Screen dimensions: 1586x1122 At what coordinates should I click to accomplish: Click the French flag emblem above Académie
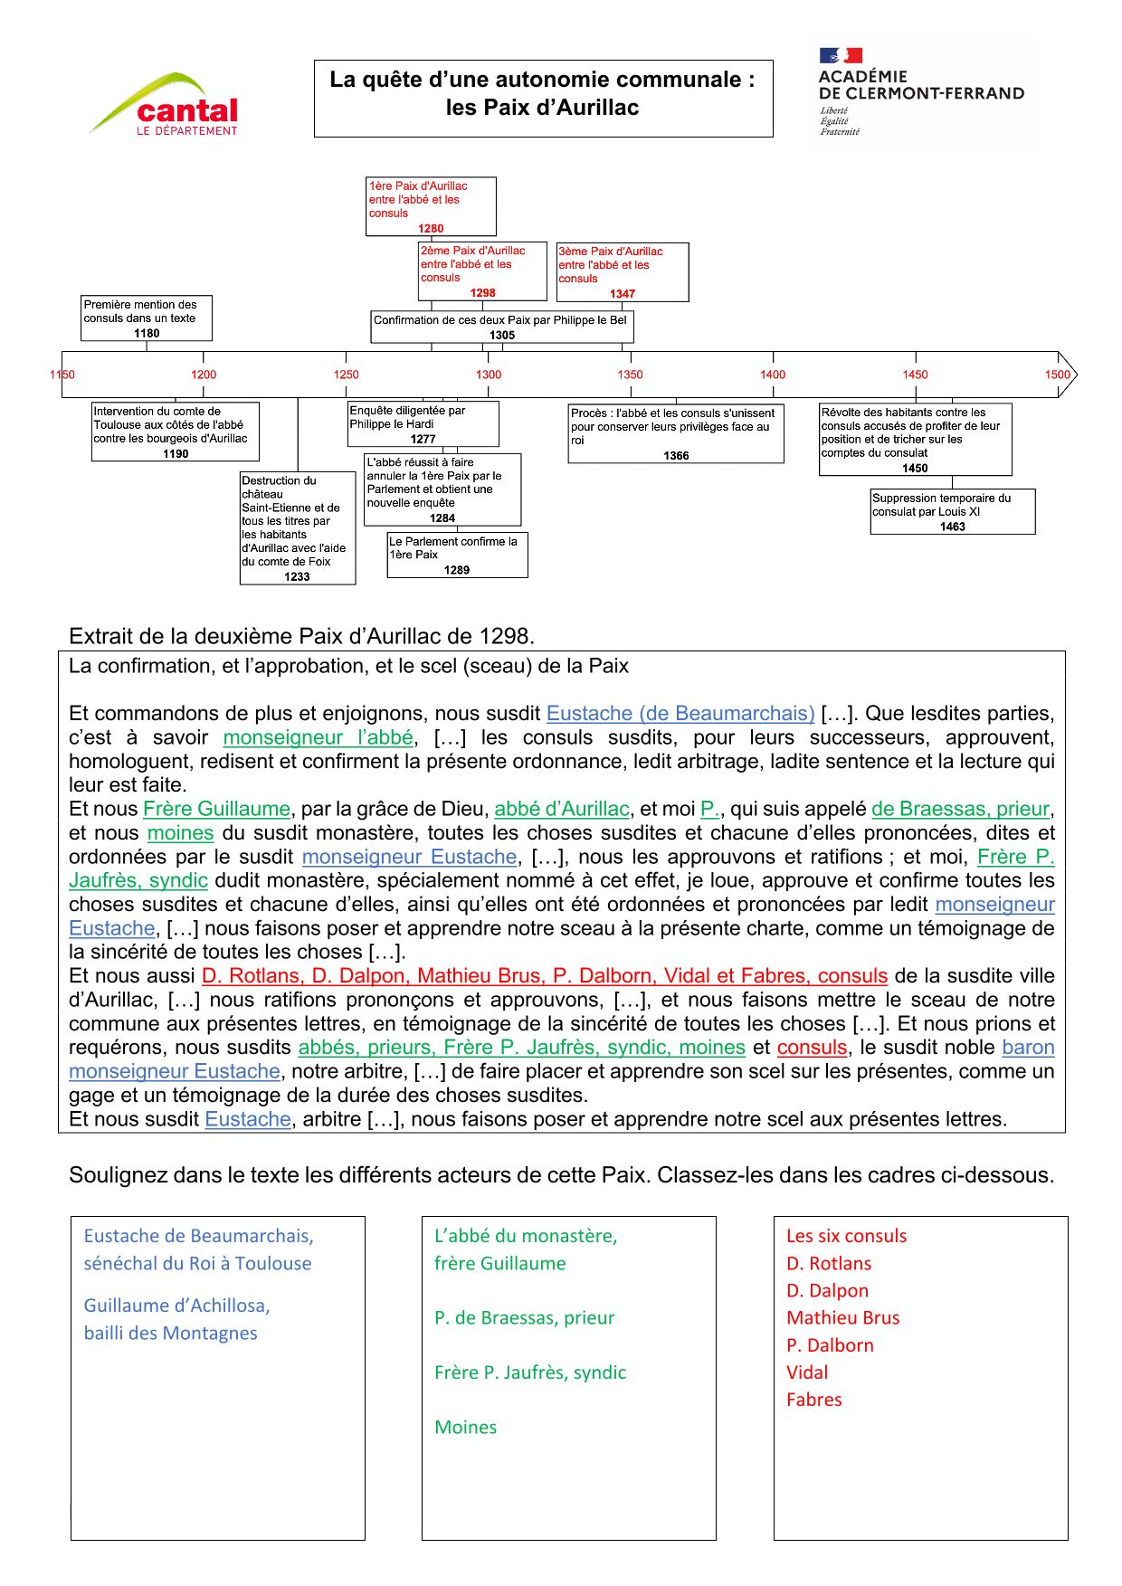click(841, 56)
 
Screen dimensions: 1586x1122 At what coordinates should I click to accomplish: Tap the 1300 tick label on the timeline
click(489, 375)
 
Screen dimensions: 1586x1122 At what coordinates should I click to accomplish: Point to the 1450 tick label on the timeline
click(915, 375)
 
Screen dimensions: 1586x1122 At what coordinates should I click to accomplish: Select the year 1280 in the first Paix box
click(431, 229)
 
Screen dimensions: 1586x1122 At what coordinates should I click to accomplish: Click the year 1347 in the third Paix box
click(623, 294)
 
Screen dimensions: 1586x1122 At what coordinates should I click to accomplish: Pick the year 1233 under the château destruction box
click(297, 576)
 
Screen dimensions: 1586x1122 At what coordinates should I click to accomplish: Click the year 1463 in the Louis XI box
click(953, 527)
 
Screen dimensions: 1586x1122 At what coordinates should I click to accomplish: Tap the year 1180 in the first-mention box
click(147, 333)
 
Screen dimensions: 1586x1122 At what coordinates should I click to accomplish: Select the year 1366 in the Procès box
click(676, 456)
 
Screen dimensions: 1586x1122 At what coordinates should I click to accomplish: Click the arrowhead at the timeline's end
click(1068, 375)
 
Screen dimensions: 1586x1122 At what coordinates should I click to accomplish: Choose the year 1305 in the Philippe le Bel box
click(502, 336)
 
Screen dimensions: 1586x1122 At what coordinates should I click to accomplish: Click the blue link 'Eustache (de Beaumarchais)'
click(680, 714)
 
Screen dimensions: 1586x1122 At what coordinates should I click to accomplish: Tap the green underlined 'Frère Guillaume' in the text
click(217, 809)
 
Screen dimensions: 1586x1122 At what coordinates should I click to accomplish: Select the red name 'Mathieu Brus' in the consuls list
click(843, 1318)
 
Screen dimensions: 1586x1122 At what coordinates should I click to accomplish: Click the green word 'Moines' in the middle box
click(466, 1428)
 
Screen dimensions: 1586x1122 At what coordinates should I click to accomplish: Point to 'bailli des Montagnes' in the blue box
click(171, 1334)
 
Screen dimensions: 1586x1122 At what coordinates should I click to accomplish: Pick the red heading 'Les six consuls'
click(846, 1236)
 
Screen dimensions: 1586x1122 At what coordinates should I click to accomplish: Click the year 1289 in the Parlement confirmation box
click(457, 570)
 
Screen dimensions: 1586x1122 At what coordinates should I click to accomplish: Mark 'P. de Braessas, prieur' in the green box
click(525, 1318)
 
